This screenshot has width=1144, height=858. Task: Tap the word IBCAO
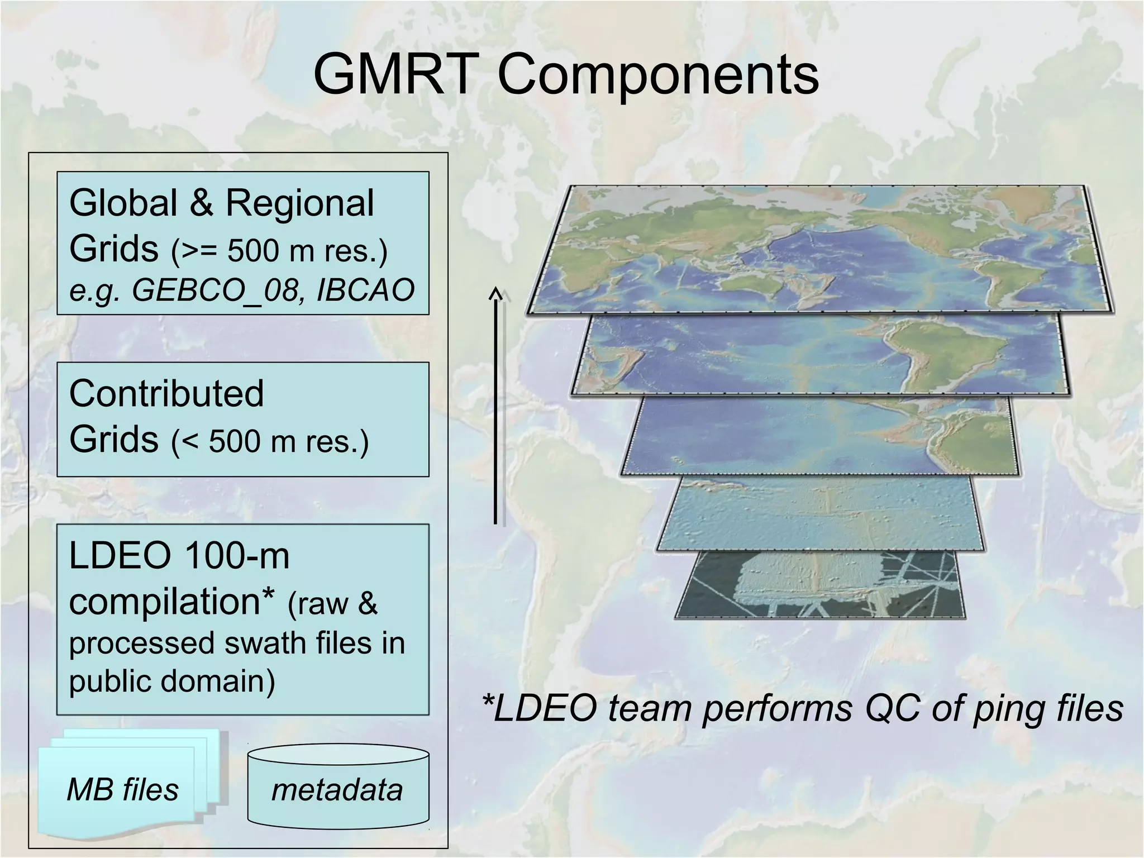click(365, 290)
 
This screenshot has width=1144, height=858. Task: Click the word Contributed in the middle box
click(166, 393)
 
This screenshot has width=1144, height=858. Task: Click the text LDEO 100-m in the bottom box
click(179, 556)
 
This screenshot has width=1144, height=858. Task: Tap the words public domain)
click(172, 681)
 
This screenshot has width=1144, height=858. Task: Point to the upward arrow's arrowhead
click(495, 294)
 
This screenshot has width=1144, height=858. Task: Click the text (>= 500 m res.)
click(279, 250)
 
